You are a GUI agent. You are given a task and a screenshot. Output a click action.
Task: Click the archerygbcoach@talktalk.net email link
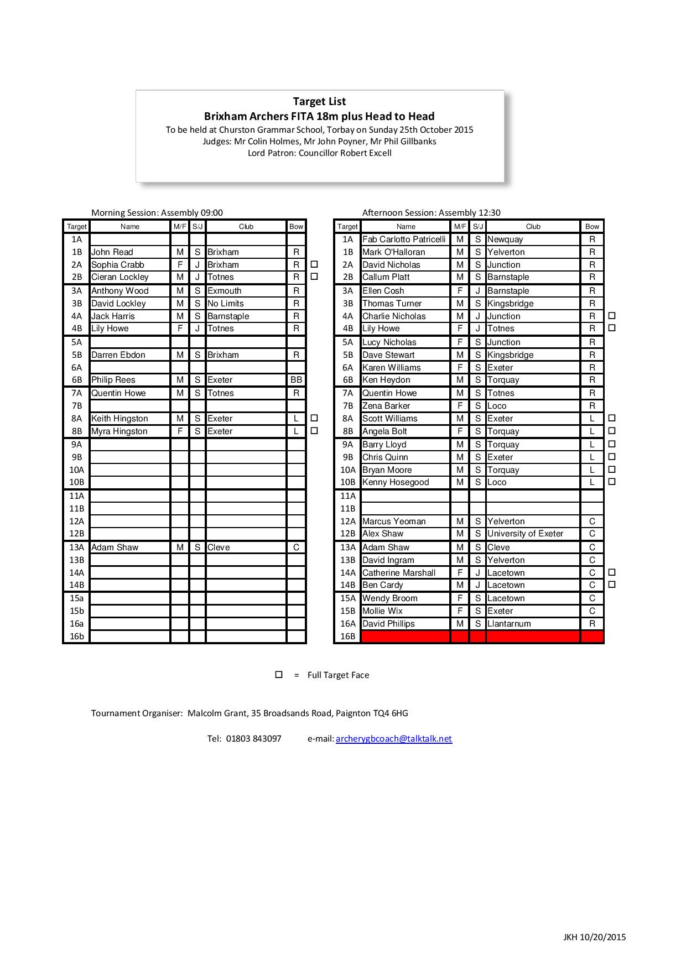[x=393, y=738]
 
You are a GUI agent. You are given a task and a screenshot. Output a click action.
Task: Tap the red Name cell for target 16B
[x=406, y=637]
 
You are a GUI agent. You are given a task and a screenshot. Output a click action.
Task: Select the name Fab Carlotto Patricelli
[x=404, y=239]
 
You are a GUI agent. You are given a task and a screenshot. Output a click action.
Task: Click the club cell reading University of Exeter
[x=525, y=534]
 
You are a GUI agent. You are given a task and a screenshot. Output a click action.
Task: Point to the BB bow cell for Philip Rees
[x=296, y=380]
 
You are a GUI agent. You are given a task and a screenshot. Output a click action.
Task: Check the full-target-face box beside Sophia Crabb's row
[x=314, y=264]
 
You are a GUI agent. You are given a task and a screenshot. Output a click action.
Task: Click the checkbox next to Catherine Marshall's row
[x=612, y=572]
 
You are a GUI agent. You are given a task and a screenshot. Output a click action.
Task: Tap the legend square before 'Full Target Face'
[x=279, y=675]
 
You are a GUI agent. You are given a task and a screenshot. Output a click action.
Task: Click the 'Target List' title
[x=319, y=101]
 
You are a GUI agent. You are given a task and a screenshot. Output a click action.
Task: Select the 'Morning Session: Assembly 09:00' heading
[x=157, y=212]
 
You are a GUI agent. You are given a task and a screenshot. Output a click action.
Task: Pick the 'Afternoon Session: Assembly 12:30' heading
[x=431, y=212]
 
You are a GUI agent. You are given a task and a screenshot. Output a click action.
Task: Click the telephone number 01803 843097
[x=253, y=738]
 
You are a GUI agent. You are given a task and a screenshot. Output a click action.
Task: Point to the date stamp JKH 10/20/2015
[x=594, y=937]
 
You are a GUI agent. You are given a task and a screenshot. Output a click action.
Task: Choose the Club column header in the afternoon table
[x=533, y=226]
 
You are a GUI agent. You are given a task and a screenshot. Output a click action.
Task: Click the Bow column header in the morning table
[x=296, y=226]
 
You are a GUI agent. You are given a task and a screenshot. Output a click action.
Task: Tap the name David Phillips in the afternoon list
[x=388, y=624]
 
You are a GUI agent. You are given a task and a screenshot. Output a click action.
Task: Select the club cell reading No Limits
[x=226, y=304]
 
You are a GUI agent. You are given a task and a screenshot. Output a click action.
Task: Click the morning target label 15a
[x=76, y=598]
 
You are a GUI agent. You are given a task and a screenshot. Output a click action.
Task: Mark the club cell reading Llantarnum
[x=509, y=624]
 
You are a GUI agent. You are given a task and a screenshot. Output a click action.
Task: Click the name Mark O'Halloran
[x=393, y=252]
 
